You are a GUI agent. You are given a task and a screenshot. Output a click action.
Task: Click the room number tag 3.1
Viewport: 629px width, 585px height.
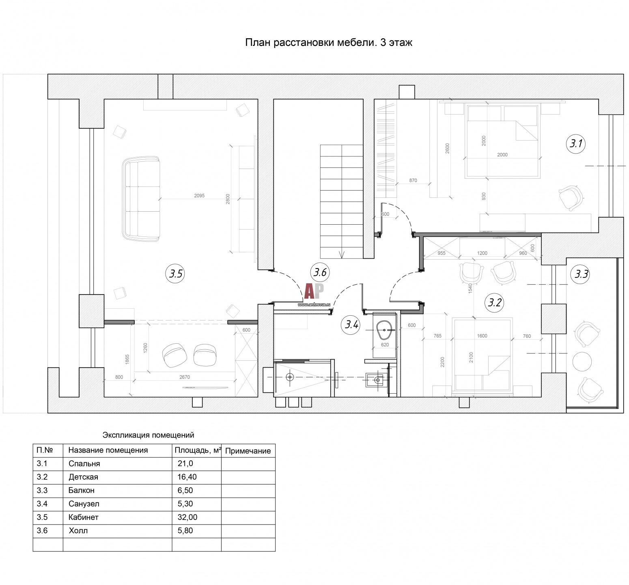(x=576, y=143)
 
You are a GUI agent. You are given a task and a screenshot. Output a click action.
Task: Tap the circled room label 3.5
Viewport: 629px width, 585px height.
(x=175, y=274)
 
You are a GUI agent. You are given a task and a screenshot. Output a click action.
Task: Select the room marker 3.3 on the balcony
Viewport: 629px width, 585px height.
(x=581, y=274)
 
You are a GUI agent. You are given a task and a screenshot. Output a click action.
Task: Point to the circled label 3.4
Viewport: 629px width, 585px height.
(x=351, y=325)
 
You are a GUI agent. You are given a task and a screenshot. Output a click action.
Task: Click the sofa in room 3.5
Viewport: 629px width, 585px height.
(x=141, y=199)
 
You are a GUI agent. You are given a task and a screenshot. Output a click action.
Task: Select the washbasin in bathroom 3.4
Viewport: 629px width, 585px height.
(x=384, y=331)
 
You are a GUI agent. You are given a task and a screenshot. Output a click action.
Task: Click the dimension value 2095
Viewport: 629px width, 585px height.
(x=199, y=196)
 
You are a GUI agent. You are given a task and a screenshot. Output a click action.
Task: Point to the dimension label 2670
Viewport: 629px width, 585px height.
(x=185, y=377)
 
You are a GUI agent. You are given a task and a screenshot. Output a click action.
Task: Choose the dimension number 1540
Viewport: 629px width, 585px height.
(x=470, y=288)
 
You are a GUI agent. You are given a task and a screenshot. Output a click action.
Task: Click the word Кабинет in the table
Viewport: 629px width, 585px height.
(x=84, y=517)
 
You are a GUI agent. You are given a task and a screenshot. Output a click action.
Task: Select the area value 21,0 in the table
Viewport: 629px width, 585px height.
(x=185, y=464)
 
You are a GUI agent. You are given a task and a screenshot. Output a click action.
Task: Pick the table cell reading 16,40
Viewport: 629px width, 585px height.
(x=187, y=477)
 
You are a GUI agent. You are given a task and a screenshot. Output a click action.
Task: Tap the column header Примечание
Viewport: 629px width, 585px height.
(x=248, y=451)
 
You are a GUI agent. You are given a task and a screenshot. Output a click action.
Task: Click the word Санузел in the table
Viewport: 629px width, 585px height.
(x=84, y=504)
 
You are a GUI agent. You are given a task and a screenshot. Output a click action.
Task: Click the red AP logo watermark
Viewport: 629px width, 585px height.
(x=314, y=291)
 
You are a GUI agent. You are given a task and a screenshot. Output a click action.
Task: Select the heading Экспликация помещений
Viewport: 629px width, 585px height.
(x=148, y=435)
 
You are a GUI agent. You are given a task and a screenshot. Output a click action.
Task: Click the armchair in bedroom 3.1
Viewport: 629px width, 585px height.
(x=571, y=198)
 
